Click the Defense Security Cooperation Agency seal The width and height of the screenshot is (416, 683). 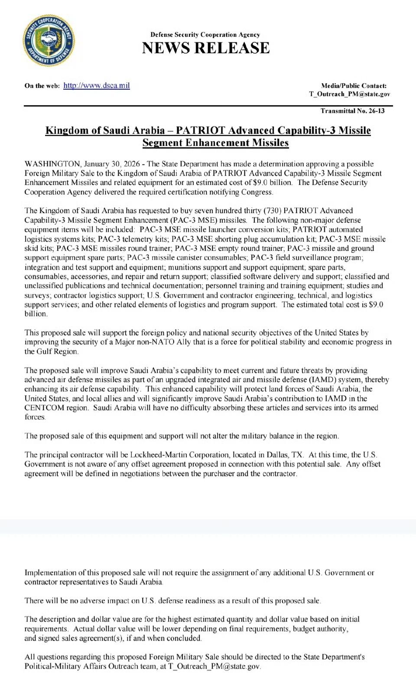[48, 40]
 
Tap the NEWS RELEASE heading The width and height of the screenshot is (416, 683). [206, 48]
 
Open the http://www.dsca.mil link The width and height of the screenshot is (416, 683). [97, 85]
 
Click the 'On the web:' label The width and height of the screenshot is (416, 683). [42, 86]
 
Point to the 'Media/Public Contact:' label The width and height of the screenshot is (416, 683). [354, 86]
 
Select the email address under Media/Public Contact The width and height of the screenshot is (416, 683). [349, 94]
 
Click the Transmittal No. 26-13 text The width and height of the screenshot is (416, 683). [352, 111]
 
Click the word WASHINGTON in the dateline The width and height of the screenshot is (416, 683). [52, 164]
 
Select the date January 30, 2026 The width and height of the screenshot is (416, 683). [112, 164]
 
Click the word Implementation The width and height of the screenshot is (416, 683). [50, 572]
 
